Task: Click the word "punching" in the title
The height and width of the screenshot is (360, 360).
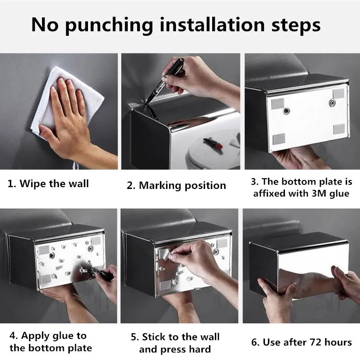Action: click(109, 26)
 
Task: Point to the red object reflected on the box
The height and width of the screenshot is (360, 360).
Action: click(219, 146)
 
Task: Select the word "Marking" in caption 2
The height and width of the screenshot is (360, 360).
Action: click(160, 186)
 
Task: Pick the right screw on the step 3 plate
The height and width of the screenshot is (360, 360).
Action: click(332, 103)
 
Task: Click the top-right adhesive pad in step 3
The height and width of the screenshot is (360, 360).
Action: click(339, 93)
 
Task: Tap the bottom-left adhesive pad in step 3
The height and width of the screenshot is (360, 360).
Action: click(279, 138)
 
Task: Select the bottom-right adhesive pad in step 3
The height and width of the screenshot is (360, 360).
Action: click(339, 129)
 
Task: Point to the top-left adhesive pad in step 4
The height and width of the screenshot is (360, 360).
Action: click(44, 250)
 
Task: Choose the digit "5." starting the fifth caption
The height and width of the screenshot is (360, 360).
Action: click(135, 337)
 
